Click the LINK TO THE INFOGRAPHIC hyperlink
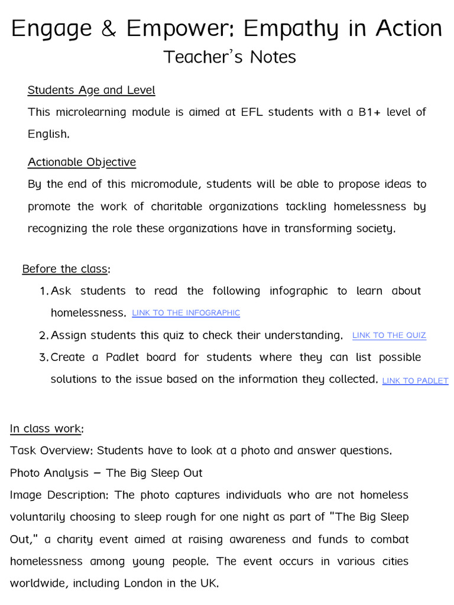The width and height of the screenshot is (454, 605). click(x=186, y=313)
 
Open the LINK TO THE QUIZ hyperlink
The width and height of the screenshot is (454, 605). click(x=389, y=336)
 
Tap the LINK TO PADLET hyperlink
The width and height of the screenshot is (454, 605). click(x=415, y=381)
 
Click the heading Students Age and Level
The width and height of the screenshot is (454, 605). click(x=91, y=90)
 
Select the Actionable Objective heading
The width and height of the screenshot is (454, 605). click(x=82, y=162)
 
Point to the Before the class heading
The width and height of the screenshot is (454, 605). click(x=65, y=269)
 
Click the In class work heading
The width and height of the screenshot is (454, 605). click(x=46, y=428)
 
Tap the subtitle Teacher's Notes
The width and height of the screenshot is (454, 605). click(x=229, y=57)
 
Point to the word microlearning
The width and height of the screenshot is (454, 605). click(x=91, y=112)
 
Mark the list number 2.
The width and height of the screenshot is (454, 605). click(x=43, y=336)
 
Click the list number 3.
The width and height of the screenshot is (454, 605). click(x=43, y=357)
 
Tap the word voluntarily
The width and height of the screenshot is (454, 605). click(x=37, y=517)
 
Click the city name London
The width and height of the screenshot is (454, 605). click(x=145, y=584)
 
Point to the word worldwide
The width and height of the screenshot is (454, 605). click(x=35, y=584)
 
